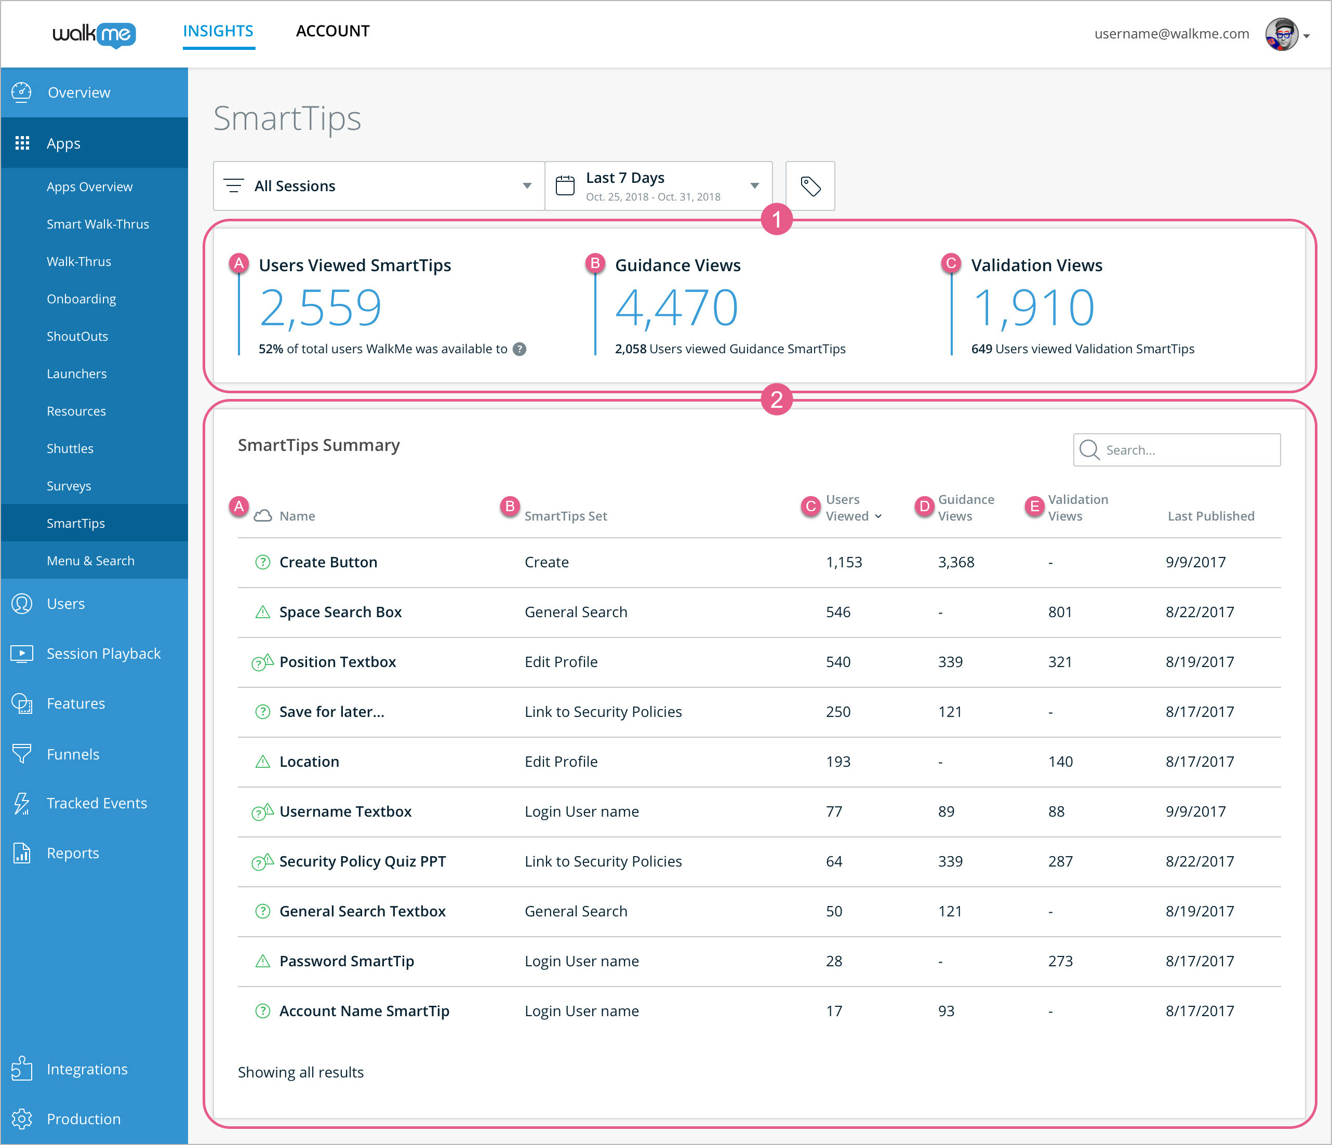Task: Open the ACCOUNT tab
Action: (332, 31)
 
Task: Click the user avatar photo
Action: (1281, 34)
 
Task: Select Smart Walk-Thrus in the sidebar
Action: (98, 224)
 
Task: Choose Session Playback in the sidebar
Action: (103, 653)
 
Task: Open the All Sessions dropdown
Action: (378, 186)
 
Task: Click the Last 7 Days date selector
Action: (658, 186)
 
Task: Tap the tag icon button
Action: (810, 186)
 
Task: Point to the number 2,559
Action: (320, 308)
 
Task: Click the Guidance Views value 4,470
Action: (676, 308)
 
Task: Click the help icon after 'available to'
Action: (520, 349)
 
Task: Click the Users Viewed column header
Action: (847, 508)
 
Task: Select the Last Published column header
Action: (1210, 516)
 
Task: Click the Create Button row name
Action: (328, 562)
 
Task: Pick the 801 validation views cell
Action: (1059, 612)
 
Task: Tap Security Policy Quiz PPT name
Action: (362, 861)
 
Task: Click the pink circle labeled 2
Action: (776, 400)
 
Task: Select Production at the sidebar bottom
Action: (84, 1119)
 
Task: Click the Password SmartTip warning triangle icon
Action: (262, 961)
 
